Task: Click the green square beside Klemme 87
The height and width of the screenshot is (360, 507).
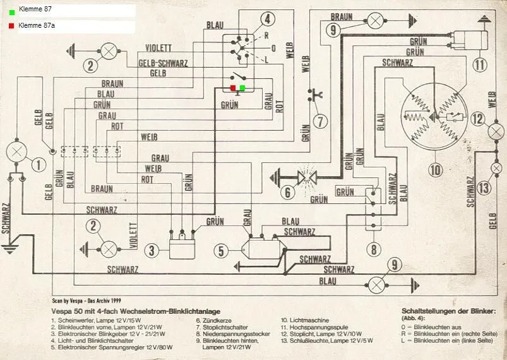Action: (11, 11)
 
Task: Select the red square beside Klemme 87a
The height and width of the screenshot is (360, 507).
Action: (11, 27)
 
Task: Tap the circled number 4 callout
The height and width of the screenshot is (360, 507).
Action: (268, 19)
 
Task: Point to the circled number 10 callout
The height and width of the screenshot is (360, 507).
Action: (435, 169)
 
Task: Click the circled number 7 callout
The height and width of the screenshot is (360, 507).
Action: (320, 121)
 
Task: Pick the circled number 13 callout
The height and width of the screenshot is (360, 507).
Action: (484, 188)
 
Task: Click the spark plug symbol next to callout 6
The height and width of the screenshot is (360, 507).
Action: (307, 175)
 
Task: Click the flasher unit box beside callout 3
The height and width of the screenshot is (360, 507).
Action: (182, 244)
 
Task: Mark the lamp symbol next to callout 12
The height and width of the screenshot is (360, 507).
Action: (496, 131)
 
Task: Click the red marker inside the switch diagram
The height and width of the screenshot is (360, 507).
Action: (233, 88)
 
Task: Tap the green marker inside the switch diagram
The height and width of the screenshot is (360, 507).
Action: (242, 88)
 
